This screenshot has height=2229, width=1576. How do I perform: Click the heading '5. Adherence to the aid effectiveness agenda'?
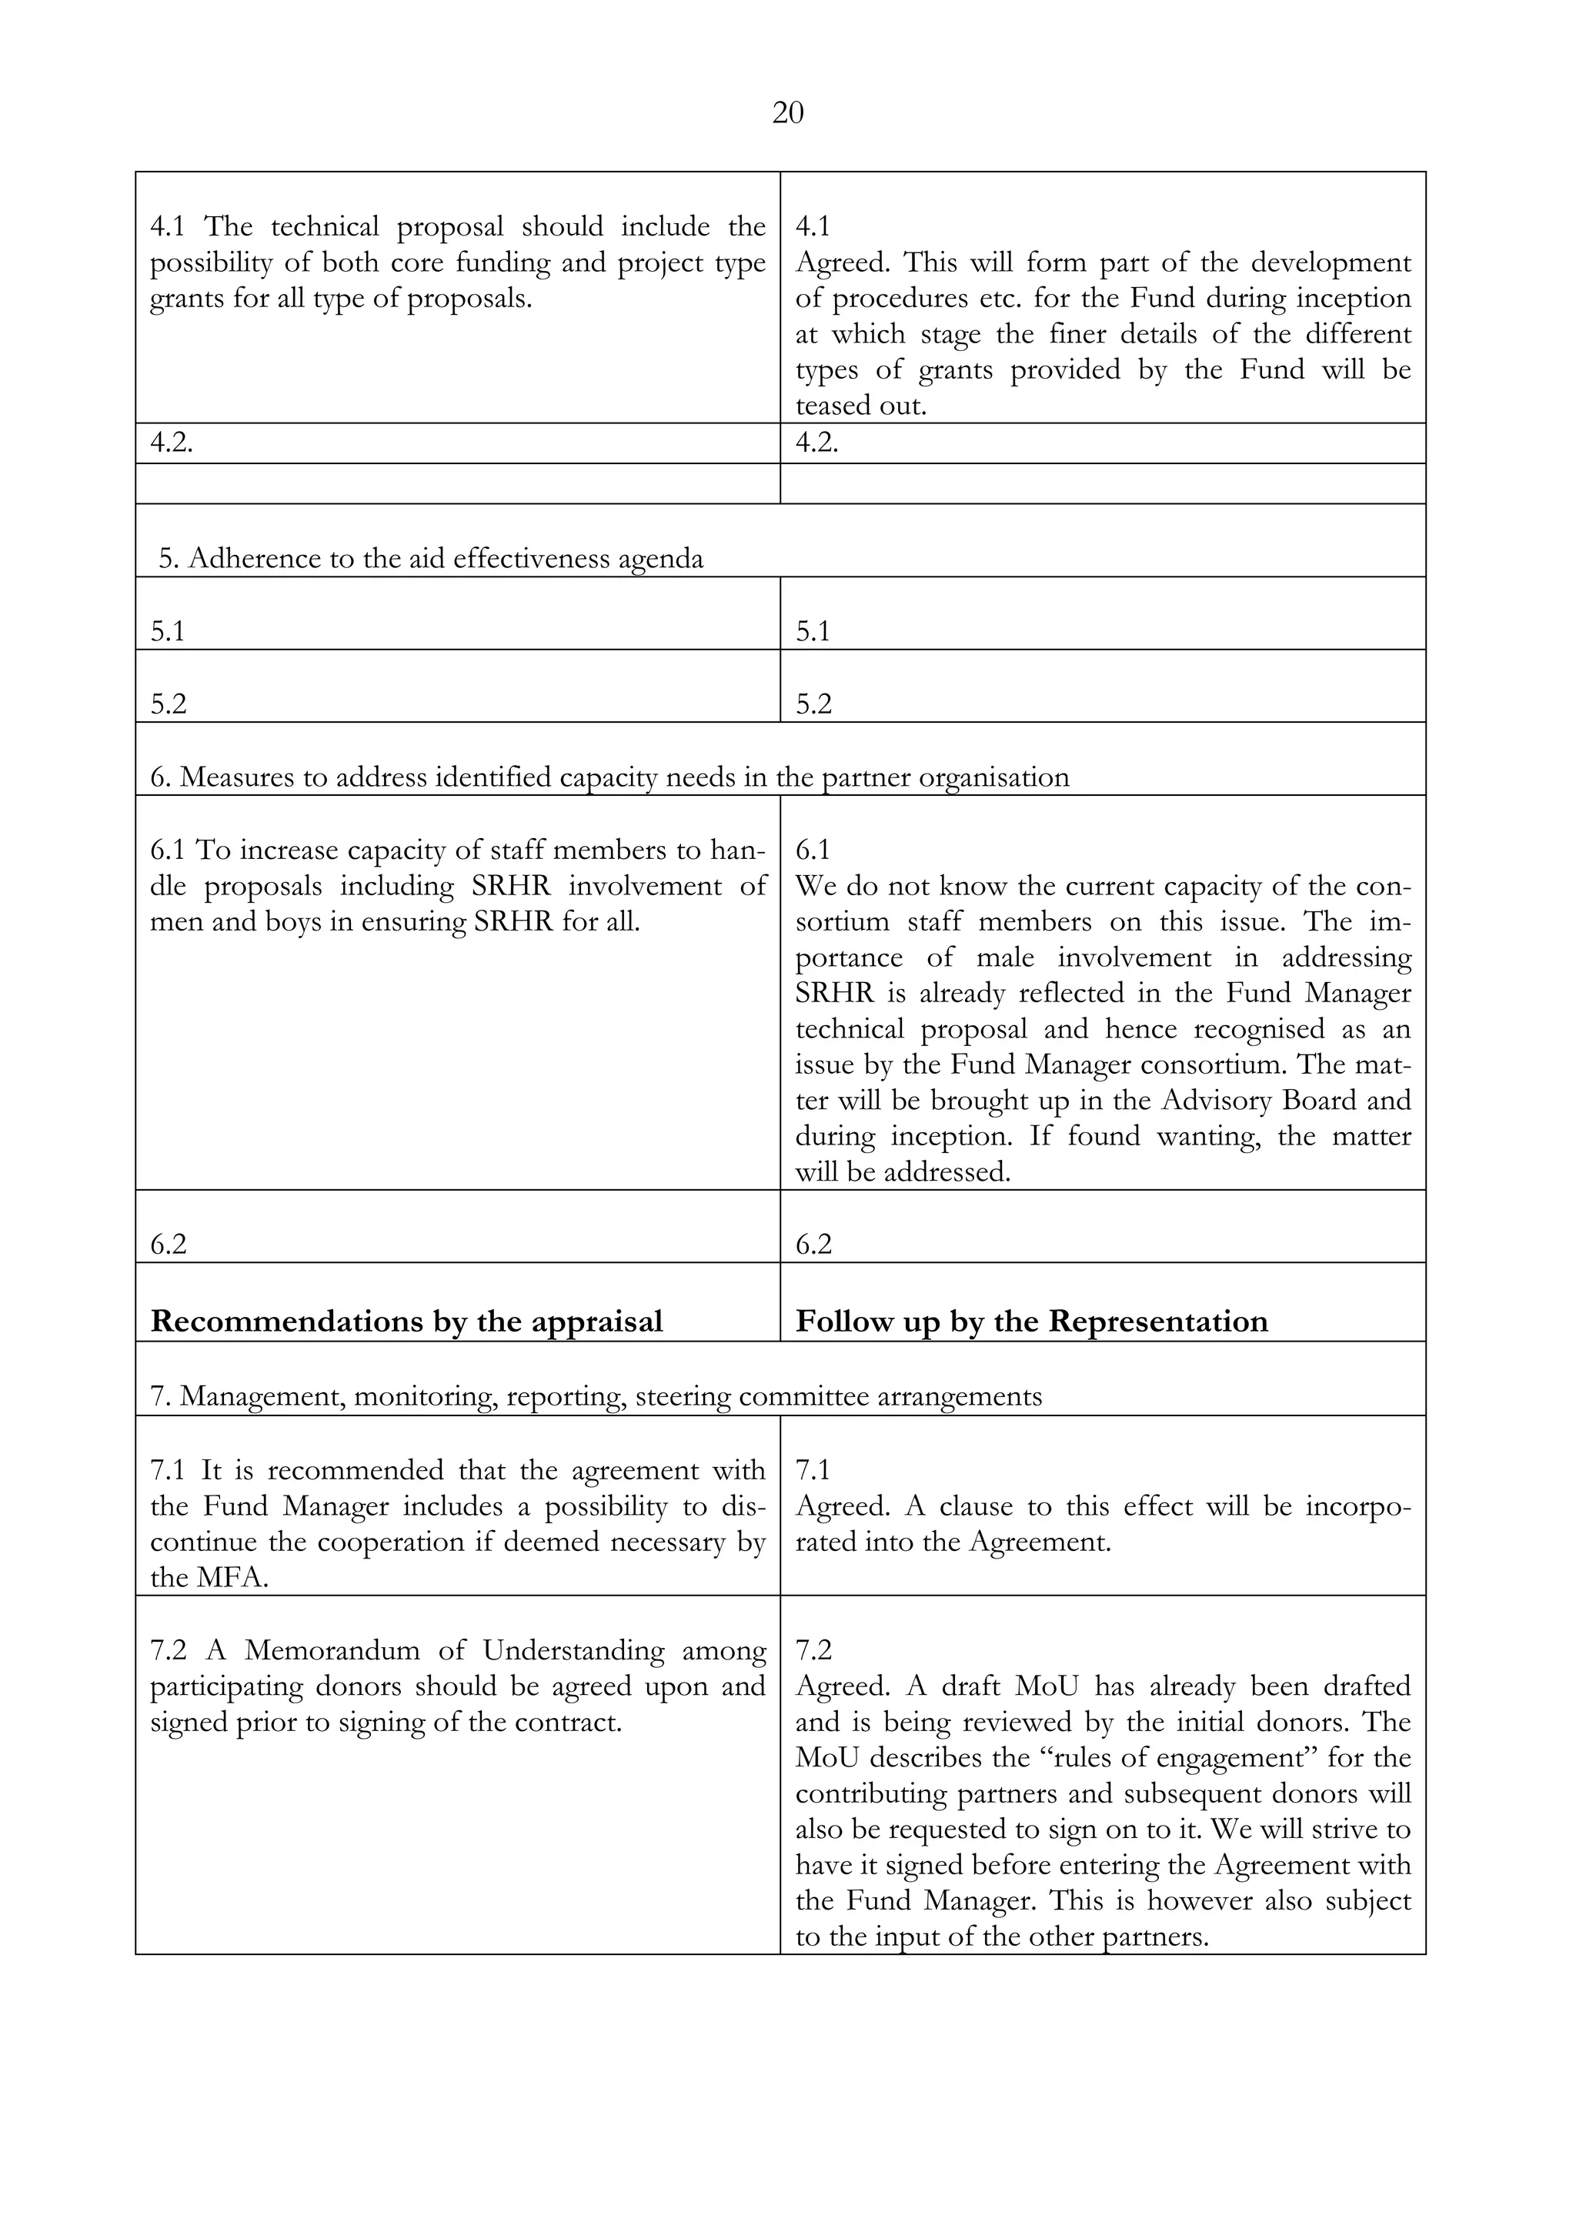(431, 560)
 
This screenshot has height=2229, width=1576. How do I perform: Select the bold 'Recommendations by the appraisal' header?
(406, 1322)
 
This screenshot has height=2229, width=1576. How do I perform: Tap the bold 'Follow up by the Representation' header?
(1032, 1322)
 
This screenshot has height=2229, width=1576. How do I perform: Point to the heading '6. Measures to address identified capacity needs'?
(609, 777)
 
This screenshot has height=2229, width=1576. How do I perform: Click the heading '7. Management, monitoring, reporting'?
(596, 1397)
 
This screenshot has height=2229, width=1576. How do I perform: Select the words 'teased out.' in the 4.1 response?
(861, 406)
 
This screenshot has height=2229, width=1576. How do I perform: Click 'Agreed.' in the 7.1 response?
(843, 1507)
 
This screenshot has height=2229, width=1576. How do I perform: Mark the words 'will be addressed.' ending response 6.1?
(903, 1173)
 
